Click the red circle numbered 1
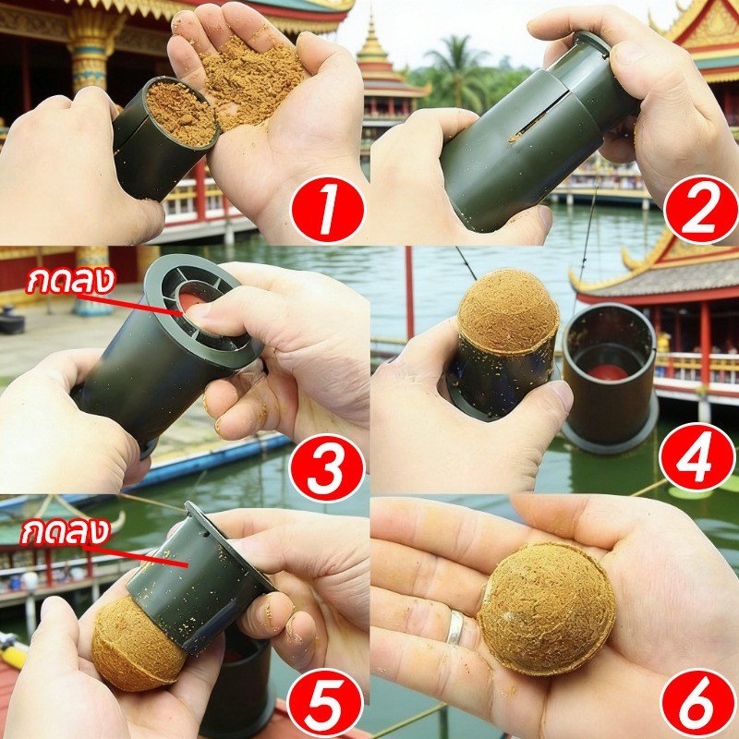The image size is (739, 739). tap(328, 210)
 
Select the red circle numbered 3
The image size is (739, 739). tap(327, 468)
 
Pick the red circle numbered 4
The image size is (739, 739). tap(697, 456)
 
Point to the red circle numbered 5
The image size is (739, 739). tap(325, 703)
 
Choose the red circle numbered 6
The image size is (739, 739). tap(698, 704)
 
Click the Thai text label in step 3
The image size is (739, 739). tap(71, 281)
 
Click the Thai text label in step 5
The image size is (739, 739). tap(66, 532)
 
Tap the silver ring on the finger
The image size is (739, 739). tap(455, 626)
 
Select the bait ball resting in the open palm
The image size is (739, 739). tap(546, 609)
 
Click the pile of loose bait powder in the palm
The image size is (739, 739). tap(252, 80)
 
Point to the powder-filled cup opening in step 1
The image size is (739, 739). tap(180, 113)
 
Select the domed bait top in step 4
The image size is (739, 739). tap(509, 310)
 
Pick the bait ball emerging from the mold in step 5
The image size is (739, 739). tap(137, 646)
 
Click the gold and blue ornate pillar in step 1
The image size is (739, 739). tap(91, 47)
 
